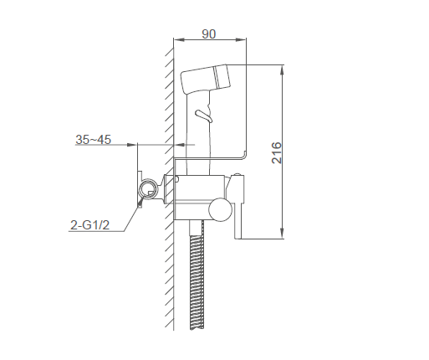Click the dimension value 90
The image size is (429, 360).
(208, 34)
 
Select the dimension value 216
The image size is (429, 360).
(277, 152)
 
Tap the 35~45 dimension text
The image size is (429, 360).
(93, 139)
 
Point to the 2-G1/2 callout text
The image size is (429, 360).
(89, 225)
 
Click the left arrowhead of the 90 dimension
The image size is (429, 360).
(179, 40)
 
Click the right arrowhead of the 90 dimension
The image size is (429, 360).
(241, 40)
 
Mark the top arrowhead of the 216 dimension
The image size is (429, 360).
(282, 70)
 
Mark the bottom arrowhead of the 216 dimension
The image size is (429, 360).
(282, 233)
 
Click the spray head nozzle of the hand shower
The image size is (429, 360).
(222, 75)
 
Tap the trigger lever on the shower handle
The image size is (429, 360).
(204, 116)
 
